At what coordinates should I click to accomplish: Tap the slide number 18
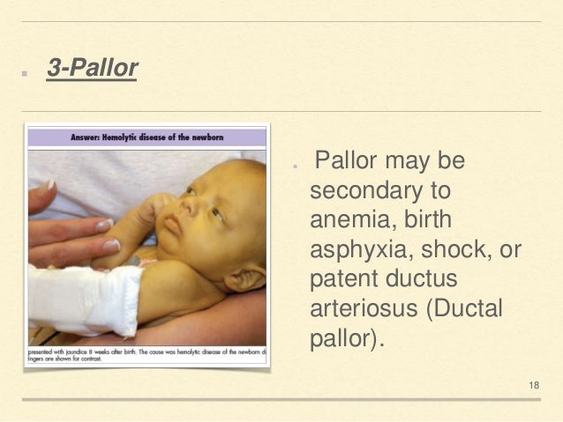pyautogui.click(x=534, y=386)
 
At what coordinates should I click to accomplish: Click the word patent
pyautogui.click(x=344, y=279)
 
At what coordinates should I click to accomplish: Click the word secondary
pyautogui.click(x=361, y=190)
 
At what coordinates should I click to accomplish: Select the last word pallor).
pyautogui.click(x=347, y=339)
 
